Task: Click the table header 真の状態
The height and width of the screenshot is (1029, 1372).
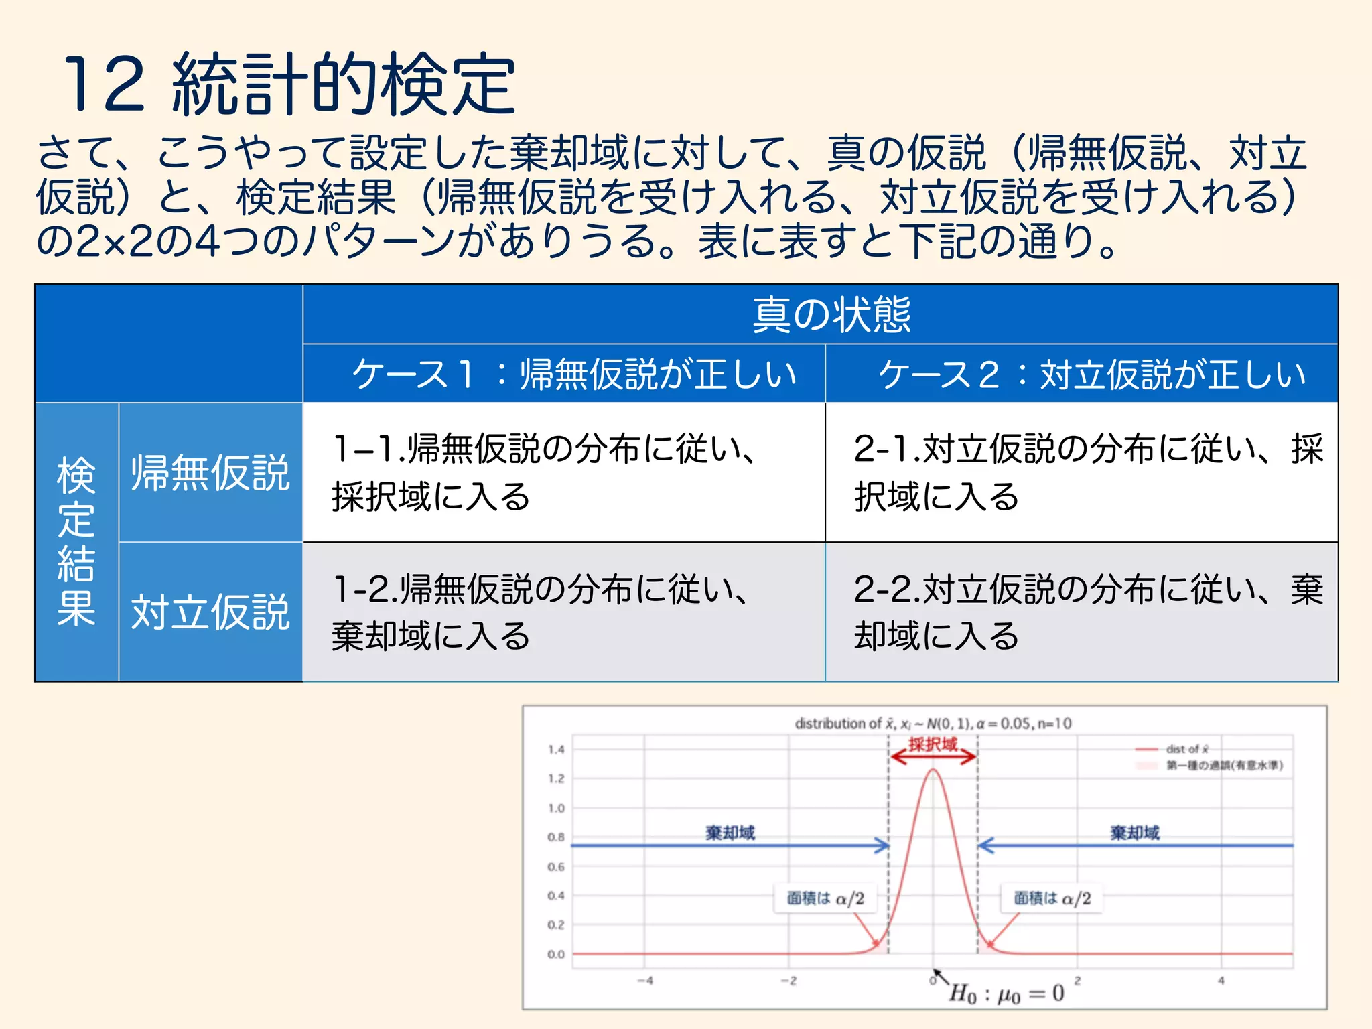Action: [831, 314]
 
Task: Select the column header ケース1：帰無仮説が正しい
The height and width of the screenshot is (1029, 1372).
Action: [574, 374]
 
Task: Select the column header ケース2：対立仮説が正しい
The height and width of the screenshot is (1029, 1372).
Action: [1092, 374]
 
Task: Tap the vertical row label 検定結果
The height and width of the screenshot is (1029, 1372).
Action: [76, 541]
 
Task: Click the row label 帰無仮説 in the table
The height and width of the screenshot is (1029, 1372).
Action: [210, 473]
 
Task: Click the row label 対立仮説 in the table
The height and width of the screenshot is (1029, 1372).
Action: [210, 612]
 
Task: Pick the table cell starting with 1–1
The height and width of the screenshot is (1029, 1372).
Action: [563, 472]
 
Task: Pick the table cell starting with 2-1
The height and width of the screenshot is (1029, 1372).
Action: [1081, 472]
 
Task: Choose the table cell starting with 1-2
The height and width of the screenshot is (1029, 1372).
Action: [563, 612]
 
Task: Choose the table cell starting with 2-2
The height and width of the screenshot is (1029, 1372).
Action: [1081, 612]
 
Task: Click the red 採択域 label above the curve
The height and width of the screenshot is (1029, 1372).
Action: [933, 744]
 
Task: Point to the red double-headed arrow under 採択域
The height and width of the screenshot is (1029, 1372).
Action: [933, 757]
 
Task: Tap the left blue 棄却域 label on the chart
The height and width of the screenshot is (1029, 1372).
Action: [730, 833]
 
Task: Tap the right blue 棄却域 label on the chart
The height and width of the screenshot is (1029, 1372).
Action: [1135, 833]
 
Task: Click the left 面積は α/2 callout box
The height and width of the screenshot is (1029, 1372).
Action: [825, 898]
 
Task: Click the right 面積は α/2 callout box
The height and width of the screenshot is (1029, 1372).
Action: [1052, 898]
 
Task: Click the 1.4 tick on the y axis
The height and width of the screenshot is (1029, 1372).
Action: [556, 750]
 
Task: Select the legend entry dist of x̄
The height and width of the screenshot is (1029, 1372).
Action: [1186, 749]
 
